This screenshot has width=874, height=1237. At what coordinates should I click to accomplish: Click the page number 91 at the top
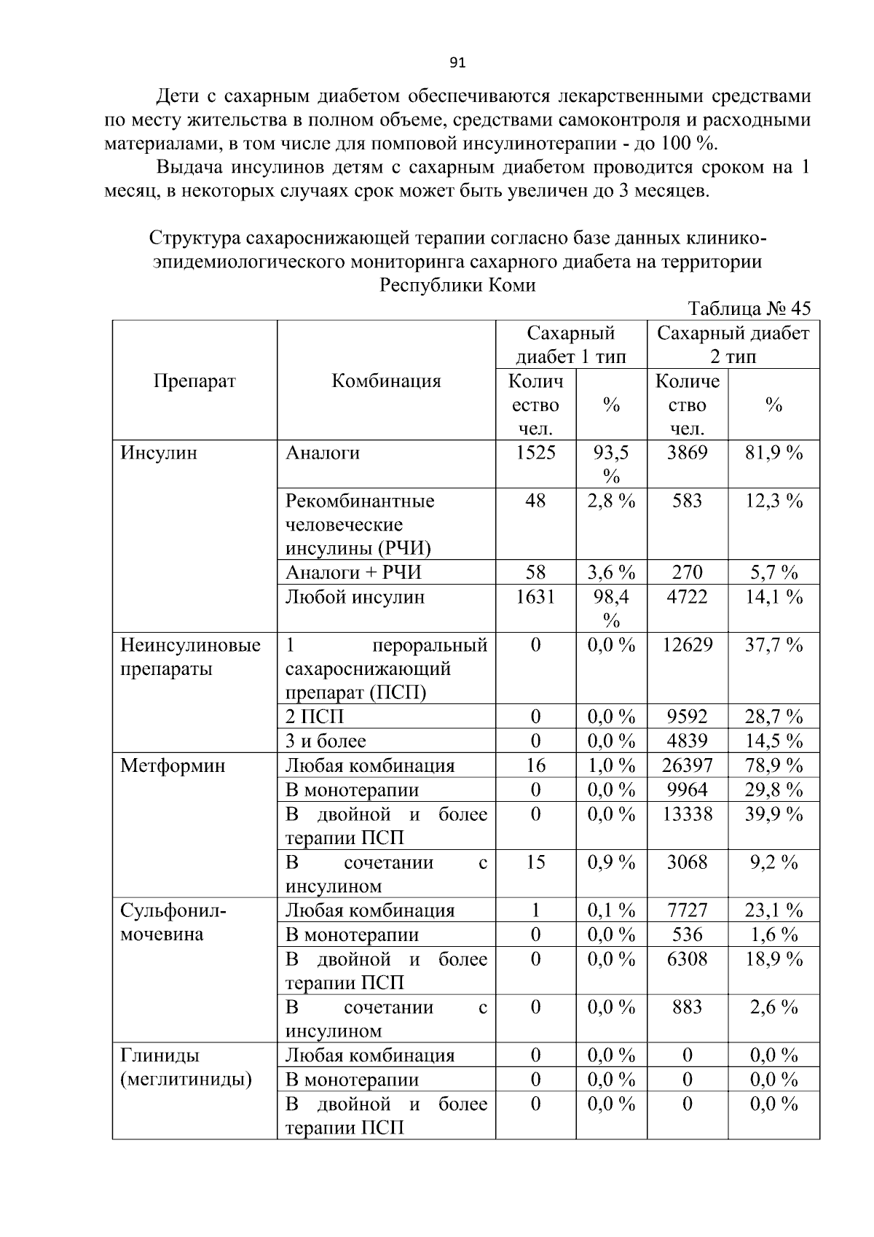coord(457,63)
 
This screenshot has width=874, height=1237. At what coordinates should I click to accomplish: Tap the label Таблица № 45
coord(749,308)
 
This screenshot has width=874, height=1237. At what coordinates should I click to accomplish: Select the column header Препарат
coord(194,381)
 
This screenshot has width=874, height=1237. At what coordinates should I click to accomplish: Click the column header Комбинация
coord(386,381)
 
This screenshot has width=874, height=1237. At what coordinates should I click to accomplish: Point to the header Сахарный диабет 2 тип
coord(733,344)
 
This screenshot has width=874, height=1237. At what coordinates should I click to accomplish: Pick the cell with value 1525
coord(535,453)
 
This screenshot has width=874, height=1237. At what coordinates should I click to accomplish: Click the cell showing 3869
coord(687,453)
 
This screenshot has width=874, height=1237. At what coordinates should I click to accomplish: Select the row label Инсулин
coord(158,453)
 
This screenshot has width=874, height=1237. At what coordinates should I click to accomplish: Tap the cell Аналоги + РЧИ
coord(353,572)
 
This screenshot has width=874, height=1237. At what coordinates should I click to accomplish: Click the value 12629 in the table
coord(687,645)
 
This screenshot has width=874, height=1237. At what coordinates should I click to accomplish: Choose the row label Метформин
coord(173,765)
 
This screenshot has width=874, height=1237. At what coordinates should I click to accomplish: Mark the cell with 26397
coord(687,765)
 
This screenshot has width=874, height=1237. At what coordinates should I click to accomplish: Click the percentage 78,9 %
coord(773,765)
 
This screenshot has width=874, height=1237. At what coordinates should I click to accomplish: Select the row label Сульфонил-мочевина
coord(173,922)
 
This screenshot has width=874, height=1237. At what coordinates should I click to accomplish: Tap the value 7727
coord(687,910)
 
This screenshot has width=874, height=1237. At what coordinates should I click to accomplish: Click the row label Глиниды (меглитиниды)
coord(185,1067)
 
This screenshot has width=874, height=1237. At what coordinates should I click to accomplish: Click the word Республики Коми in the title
coord(457,285)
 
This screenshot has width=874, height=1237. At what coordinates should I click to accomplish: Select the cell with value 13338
coord(687,814)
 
